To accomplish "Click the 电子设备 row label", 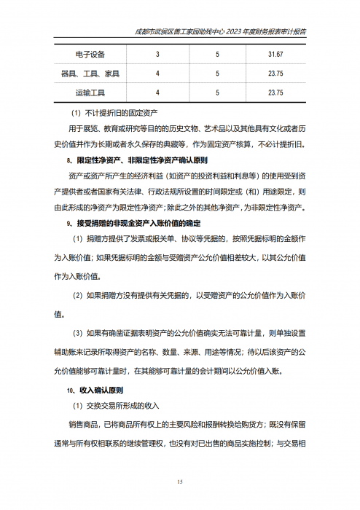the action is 90,55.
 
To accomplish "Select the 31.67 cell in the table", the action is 275,55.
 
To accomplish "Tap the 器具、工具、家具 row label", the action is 90,74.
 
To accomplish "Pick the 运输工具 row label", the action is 90,93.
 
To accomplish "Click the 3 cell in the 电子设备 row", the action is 157,55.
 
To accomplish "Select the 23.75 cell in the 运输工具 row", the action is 275,93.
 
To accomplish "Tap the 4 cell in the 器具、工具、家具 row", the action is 157,74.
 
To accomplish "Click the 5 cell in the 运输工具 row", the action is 216,93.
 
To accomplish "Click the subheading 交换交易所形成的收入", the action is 115,406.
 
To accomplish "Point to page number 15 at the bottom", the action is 180,482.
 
